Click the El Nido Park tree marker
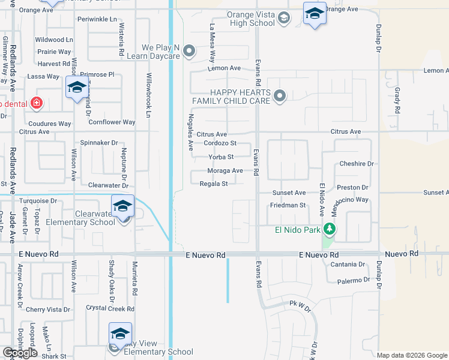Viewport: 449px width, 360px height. coord(329,229)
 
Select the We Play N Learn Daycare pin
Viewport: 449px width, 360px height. coord(190,51)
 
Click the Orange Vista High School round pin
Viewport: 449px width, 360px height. coord(283,19)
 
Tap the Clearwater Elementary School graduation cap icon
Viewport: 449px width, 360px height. coord(122,206)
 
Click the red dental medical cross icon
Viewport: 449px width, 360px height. coord(37,103)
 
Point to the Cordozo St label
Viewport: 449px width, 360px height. coord(220,143)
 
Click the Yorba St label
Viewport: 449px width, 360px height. coord(220,157)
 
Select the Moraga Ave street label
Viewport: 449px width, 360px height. coord(225,170)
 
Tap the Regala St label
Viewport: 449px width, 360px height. coord(214,184)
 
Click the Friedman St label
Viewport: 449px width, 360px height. coord(288,205)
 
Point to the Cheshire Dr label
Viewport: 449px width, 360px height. coord(357,164)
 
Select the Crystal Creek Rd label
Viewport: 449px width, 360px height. coord(110,308)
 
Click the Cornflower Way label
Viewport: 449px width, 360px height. coord(112,122)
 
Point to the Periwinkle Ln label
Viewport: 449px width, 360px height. coord(97,19)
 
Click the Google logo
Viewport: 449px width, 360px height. coord(20,353)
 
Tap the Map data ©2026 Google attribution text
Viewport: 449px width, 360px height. coord(411,355)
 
